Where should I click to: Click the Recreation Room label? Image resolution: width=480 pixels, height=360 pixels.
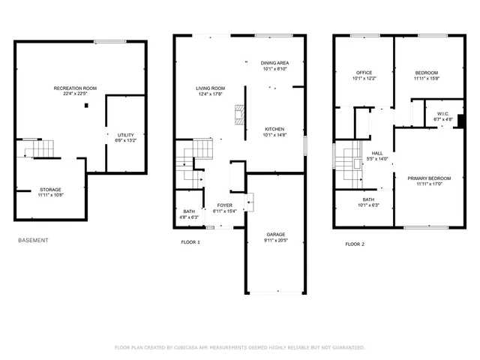(x=75, y=88)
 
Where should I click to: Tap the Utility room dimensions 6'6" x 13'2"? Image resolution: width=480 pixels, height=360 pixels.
(x=125, y=140)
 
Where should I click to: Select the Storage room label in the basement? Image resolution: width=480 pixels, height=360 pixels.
(x=50, y=189)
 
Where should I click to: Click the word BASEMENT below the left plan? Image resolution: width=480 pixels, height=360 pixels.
(x=33, y=241)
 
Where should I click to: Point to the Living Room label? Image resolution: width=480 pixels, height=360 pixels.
(x=211, y=88)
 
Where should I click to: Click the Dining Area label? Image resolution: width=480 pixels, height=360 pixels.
(x=275, y=63)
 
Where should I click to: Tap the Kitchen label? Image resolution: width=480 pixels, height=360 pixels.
(x=274, y=129)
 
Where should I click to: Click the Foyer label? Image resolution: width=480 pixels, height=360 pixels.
(x=225, y=205)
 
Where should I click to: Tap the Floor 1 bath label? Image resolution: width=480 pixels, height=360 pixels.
(x=189, y=211)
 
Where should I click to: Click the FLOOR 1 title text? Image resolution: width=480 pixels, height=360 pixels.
(x=190, y=243)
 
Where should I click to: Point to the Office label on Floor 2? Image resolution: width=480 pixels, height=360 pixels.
(x=363, y=72)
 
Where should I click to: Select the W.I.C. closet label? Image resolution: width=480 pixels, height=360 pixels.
(x=442, y=113)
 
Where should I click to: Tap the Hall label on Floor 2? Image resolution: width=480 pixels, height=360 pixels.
(x=376, y=152)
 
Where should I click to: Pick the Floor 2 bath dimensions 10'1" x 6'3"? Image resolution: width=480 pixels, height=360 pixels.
(x=369, y=205)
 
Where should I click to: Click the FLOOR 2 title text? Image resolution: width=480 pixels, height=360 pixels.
(x=354, y=244)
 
